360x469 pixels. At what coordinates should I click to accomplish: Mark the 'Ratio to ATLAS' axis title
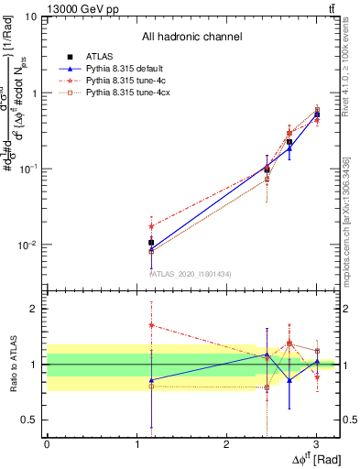(x=12, y=364)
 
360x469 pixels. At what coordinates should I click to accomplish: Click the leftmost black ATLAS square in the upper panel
(x=151, y=243)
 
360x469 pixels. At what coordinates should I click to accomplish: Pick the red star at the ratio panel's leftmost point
(x=151, y=324)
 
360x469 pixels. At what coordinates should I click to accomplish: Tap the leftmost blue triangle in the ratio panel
(x=151, y=379)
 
